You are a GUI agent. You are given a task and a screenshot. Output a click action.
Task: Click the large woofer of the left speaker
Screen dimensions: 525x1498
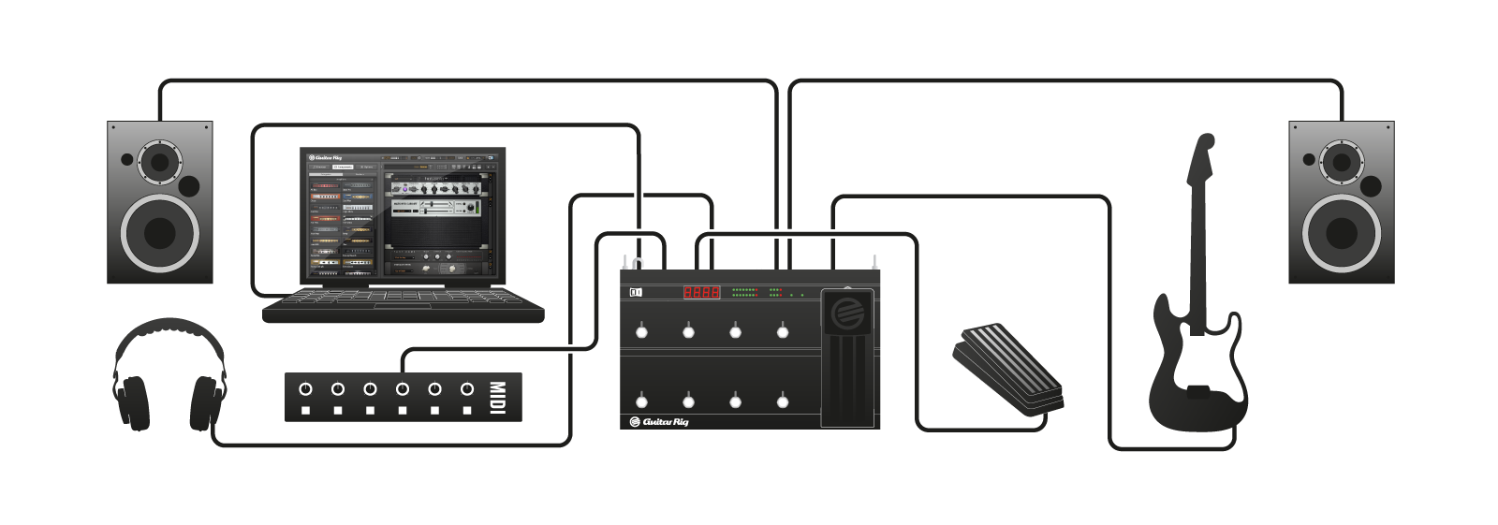(x=160, y=233)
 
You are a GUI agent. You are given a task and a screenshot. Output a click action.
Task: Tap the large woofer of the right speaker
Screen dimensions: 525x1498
(x=1342, y=233)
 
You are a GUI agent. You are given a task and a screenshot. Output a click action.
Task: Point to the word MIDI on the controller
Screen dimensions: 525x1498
(x=497, y=397)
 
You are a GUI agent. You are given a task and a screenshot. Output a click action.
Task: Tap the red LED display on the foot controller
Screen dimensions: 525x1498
(x=701, y=292)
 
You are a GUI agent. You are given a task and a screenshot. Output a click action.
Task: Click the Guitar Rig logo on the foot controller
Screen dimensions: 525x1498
(x=659, y=422)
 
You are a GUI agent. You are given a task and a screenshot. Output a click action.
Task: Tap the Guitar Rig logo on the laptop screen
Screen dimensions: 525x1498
(x=326, y=157)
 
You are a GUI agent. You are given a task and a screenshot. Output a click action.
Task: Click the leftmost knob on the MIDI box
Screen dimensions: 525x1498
(x=305, y=388)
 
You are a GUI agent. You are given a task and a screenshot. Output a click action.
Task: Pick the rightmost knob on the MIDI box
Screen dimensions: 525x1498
(x=467, y=388)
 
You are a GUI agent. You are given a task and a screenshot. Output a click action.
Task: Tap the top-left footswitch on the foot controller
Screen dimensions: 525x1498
(x=641, y=331)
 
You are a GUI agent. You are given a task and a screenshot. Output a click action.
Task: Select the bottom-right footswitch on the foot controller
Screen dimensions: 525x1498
(x=783, y=401)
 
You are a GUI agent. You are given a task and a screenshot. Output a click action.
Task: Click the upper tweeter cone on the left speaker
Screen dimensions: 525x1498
(x=160, y=162)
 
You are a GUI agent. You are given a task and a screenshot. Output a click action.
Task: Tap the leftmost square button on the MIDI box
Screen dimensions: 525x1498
(x=305, y=411)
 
